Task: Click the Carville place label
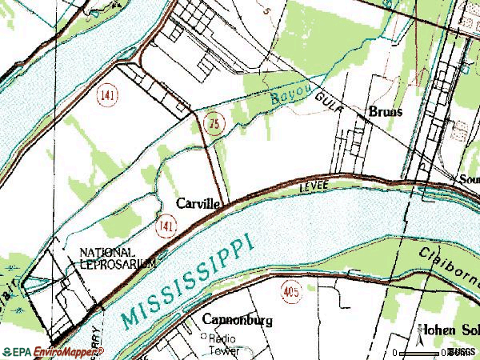tap(199, 204)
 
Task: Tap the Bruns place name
tap(385, 113)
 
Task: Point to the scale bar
tap(424, 351)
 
